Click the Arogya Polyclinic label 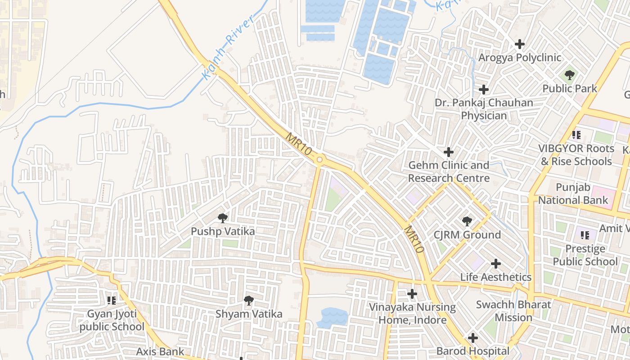click(x=520, y=58)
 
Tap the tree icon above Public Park click(x=570, y=75)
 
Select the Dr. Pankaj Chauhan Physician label click(x=484, y=109)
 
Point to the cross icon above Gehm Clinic click(x=449, y=152)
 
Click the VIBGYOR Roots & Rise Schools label click(x=576, y=155)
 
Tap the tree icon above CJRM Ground click(x=467, y=221)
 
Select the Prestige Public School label click(x=585, y=255)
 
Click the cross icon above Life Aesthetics click(x=496, y=264)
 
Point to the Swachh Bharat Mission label click(x=513, y=311)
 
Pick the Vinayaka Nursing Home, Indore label click(x=412, y=314)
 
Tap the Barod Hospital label click(x=473, y=351)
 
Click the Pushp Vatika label click(x=223, y=231)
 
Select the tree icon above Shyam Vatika click(x=248, y=300)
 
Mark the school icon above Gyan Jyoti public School click(x=112, y=300)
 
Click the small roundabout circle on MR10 click(x=319, y=159)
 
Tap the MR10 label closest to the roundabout click(x=299, y=144)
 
